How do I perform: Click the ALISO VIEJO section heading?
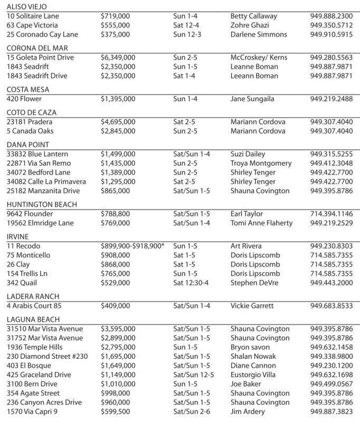(x=26, y=7)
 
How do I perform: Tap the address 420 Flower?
(x=24, y=99)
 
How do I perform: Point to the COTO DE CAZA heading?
(x=31, y=112)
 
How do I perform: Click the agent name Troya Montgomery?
(x=261, y=163)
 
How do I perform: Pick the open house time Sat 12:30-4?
(x=194, y=283)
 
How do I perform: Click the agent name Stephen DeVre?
(x=254, y=283)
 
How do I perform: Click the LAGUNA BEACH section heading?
(x=33, y=319)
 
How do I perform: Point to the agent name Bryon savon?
(x=250, y=347)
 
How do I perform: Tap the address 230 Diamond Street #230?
(x=44, y=356)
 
